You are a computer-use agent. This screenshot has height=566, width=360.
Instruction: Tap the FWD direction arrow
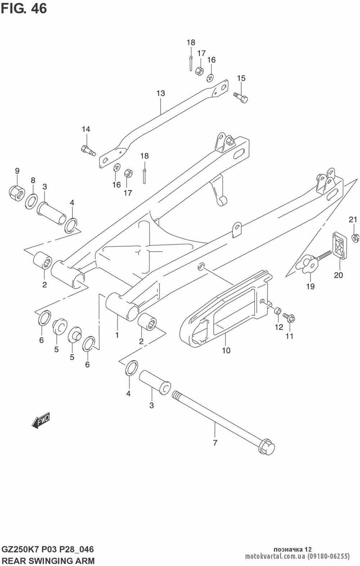[x=41, y=420]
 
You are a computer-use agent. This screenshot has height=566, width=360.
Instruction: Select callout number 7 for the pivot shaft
[x=215, y=443]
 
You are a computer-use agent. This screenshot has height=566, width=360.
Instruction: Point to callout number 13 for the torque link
[x=161, y=94]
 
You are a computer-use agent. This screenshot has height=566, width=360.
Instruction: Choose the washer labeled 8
[x=32, y=201]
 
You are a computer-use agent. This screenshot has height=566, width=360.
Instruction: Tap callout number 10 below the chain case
[x=226, y=350]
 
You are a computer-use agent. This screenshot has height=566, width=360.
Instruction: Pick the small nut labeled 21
[x=354, y=237]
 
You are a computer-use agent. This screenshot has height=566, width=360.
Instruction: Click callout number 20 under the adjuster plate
[x=338, y=275]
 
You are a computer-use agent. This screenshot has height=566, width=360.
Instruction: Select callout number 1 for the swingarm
[x=117, y=335]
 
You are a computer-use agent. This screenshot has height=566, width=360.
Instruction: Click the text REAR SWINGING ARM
[x=48, y=560]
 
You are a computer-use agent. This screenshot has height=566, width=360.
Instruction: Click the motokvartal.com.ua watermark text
[x=275, y=556]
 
